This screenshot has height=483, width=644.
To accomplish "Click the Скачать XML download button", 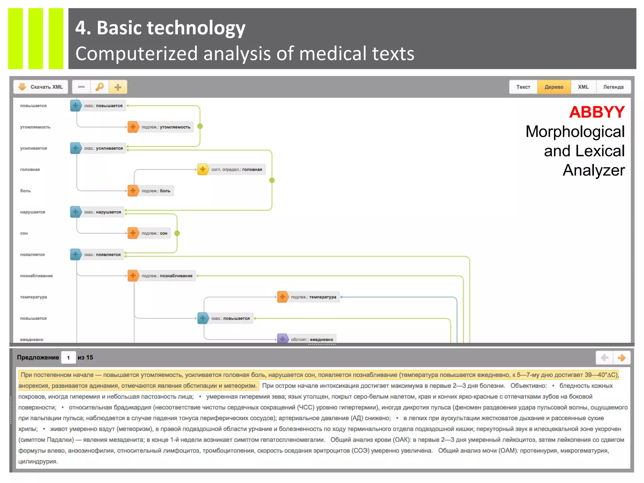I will tap(41, 87).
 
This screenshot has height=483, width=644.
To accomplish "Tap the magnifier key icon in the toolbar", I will tap(100, 87).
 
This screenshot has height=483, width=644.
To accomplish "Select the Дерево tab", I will tap(554, 87).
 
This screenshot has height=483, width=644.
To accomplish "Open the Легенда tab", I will tap(613, 87).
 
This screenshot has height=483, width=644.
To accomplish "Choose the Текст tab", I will tap(523, 87).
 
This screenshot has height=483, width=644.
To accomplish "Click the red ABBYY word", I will tap(597, 112).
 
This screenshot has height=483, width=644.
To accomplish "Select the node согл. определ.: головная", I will tap(231, 169).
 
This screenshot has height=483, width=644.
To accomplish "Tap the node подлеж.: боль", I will tap(151, 191).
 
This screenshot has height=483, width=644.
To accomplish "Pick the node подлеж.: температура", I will tap(308, 297).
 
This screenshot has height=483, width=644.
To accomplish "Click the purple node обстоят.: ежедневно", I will tap(307, 339).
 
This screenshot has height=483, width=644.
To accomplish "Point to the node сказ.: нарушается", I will tap(98, 212).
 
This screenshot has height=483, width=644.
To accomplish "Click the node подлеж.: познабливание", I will tap(162, 276).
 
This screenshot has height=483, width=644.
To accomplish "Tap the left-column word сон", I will tap(24, 233).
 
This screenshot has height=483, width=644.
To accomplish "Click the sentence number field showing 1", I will tap(69, 358).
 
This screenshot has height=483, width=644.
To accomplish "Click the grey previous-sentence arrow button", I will tap(604, 358).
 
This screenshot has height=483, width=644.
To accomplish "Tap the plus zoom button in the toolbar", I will tap(118, 87).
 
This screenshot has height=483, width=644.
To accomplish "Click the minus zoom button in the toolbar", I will tap(81, 87).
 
